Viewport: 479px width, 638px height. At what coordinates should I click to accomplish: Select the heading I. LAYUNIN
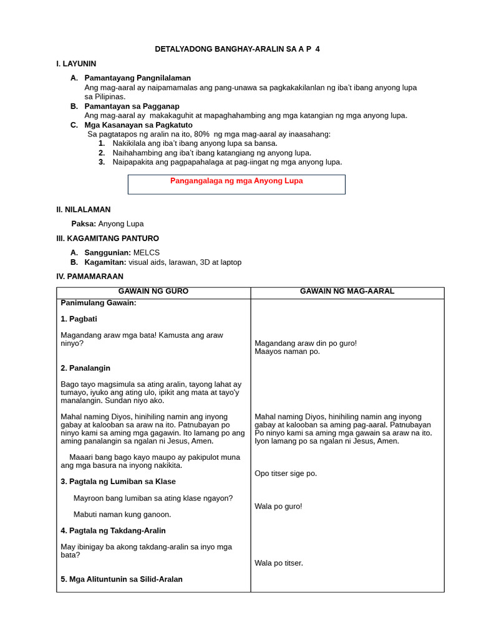pos(76,64)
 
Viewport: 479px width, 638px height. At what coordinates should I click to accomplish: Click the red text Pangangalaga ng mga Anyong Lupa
pos(236,181)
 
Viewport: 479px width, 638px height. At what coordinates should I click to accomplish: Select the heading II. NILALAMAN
pos(83,209)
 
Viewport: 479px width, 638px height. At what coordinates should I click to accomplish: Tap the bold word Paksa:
pos(84,224)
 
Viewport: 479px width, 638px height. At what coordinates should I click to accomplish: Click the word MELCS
pos(147,252)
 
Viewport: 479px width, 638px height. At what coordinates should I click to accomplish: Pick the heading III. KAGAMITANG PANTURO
pos(107,238)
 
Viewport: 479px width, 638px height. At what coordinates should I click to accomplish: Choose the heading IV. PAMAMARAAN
pos(90,276)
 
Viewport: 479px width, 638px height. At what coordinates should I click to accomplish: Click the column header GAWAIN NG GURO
pos(153,292)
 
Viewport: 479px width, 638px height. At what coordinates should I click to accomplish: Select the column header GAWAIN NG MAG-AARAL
pos(347,292)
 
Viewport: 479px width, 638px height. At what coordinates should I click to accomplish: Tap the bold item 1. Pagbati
pos(79,318)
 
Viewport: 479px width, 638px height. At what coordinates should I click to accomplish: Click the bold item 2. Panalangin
pos(85,368)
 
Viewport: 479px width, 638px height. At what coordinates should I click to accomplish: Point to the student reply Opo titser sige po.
pos(286,474)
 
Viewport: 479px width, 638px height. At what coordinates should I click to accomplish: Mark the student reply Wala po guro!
pos(278,506)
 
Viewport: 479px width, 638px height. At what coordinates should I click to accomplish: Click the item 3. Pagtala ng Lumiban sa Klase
pos(118,481)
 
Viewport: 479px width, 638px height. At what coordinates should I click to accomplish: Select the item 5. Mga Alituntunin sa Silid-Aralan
pos(122,579)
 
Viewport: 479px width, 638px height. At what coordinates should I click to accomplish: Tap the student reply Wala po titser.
pos(278,563)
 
